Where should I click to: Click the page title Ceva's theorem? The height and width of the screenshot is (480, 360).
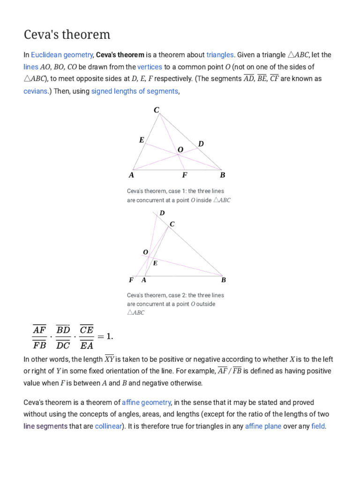tap(67, 35)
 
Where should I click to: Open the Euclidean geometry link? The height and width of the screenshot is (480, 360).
tap(62, 55)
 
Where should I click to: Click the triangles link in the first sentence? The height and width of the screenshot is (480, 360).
tap(220, 55)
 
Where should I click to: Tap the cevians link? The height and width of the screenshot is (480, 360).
tap(35, 91)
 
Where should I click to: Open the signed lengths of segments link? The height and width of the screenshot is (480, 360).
tap(135, 91)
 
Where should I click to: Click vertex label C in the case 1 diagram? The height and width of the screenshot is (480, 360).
tap(157, 110)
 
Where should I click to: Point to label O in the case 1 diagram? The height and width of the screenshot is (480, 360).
tap(180, 150)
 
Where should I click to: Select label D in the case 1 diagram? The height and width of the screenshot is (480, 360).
tap(201, 143)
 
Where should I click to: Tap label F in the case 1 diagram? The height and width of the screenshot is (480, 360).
tap(185, 175)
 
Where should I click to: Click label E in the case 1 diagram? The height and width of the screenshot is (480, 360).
tap(142, 140)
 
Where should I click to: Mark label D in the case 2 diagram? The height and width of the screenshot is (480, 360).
tap(162, 213)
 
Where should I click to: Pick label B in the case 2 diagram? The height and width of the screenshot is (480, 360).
tap(224, 280)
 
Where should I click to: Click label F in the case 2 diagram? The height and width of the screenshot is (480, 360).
tap(131, 280)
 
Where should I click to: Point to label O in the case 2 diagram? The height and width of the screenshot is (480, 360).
tap(145, 252)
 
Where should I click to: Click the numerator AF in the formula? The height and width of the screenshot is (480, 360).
tap(39, 330)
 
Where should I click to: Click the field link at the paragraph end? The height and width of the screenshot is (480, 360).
tap(318, 427)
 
